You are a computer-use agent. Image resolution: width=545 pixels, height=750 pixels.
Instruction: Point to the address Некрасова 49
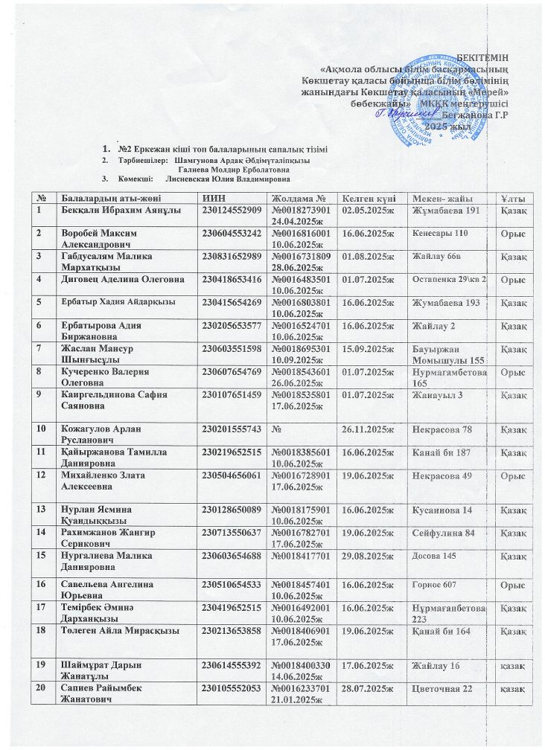coord(442,475)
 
